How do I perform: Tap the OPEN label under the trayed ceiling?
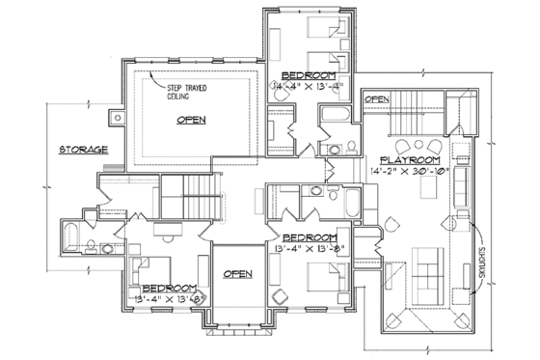[192, 120]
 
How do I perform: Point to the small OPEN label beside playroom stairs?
[377, 98]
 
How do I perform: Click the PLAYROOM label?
[411, 159]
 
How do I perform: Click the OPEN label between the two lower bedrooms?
[237, 274]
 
